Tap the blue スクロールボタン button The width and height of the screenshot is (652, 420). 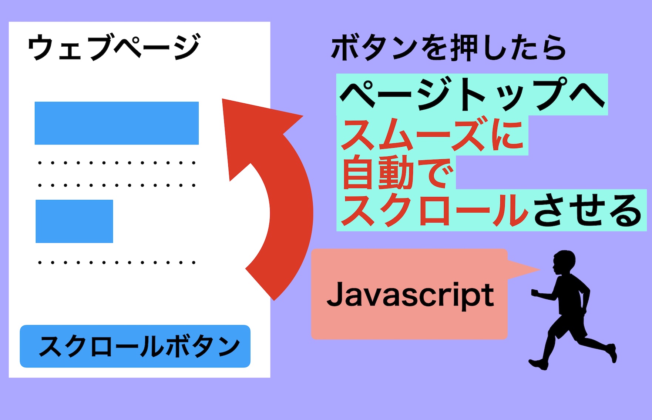[x=135, y=346]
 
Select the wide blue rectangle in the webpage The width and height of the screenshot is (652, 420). [x=117, y=123]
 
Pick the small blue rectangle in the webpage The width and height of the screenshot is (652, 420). [x=74, y=221]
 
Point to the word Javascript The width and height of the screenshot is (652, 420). [x=410, y=295]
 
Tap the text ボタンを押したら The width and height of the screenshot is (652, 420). [x=448, y=48]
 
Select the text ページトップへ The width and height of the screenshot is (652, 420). [x=472, y=94]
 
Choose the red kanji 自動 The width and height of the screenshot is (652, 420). [x=377, y=173]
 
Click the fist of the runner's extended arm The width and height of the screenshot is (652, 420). [x=535, y=293]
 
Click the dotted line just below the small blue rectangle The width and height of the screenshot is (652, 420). [x=117, y=263]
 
